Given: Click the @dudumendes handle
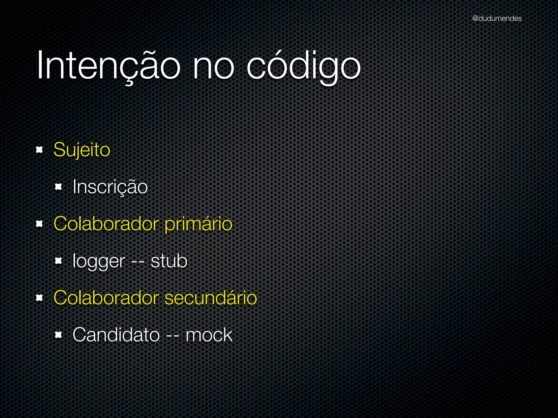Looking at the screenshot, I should click(x=497, y=19).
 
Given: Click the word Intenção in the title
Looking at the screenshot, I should click(x=108, y=66).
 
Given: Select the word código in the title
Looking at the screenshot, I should click(x=304, y=66).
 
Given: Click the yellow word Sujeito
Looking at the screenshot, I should click(x=82, y=150).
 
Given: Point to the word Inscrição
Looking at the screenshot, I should click(x=110, y=187).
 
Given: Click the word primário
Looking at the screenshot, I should click(x=198, y=224).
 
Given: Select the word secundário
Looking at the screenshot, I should click(x=211, y=298).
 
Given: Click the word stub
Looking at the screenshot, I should click(x=169, y=261).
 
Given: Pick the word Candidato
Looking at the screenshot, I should click(x=116, y=335).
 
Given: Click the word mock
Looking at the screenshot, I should click(x=209, y=335).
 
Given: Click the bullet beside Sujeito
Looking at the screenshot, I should click(x=40, y=150).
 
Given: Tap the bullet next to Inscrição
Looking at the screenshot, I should click(x=59, y=187).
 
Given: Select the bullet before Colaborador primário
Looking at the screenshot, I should click(x=40, y=224).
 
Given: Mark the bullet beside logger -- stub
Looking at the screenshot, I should click(x=59, y=261).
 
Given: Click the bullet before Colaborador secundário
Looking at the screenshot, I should click(x=40, y=298).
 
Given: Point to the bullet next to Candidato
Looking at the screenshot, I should click(x=59, y=335).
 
